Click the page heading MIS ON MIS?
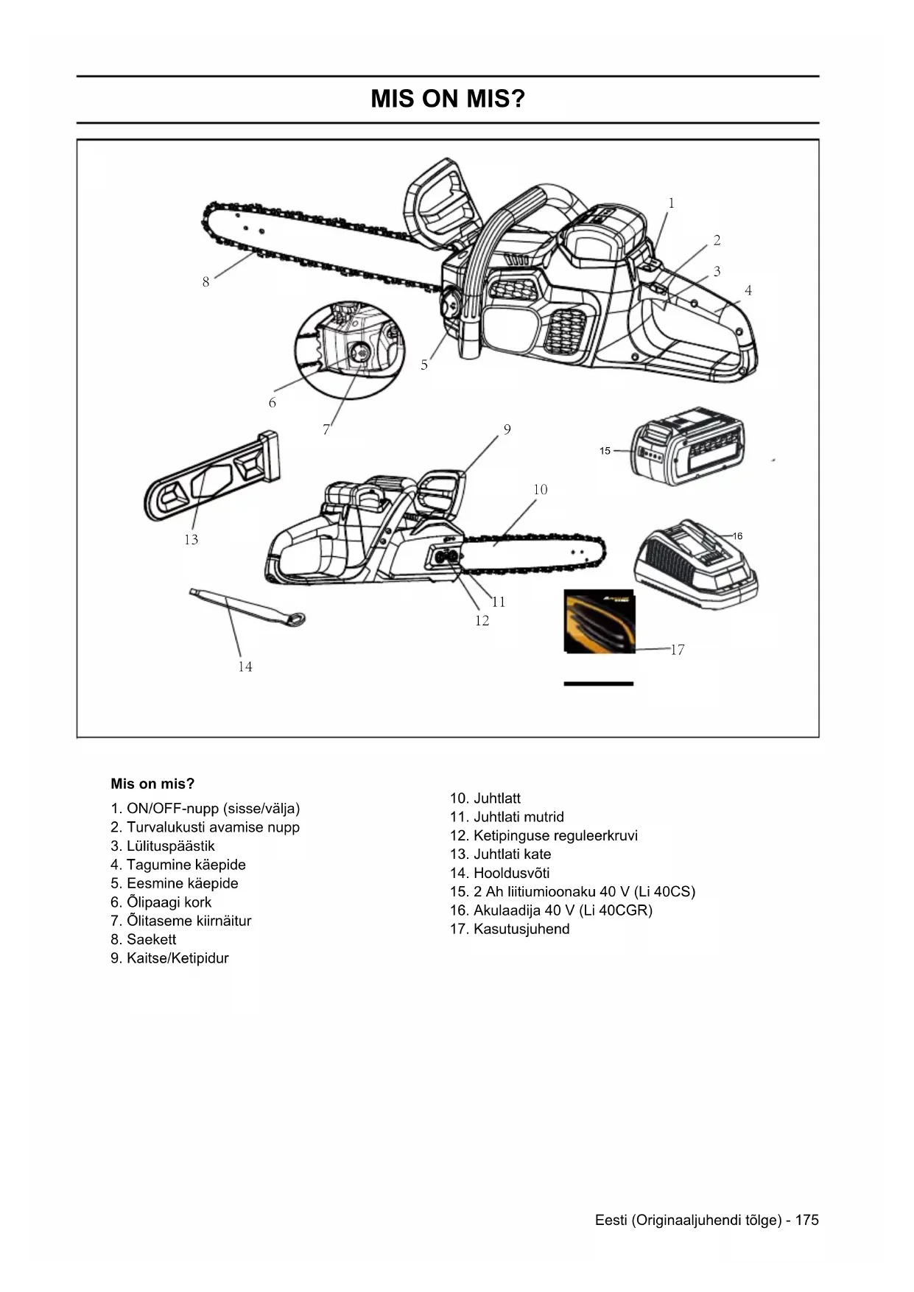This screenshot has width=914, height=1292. click(x=448, y=99)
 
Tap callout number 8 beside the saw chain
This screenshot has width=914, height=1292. click(x=206, y=282)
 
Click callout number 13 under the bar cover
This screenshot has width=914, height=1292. click(x=191, y=540)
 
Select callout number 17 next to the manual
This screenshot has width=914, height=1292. click(x=678, y=650)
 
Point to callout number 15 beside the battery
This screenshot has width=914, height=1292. click(x=605, y=451)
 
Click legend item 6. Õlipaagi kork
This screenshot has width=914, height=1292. click(x=161, y=902)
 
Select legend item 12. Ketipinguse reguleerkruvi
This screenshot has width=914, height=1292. click(x=544, y=836)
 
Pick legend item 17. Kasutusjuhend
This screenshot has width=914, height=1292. click(x=510, y=929)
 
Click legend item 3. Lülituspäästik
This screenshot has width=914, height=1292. click(x=163, y=846)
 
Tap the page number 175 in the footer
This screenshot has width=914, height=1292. click(x=806, y=1220)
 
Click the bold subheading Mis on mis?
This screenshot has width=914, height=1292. click(x=152, y=784)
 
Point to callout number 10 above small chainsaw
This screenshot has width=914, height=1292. click(x=541, y=490)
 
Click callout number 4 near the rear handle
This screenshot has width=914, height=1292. click(x=748, y=291)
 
